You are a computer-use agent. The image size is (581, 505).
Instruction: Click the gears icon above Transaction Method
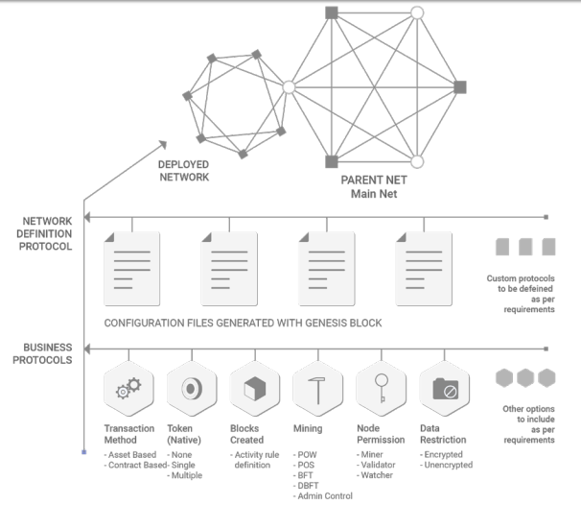[128, 388]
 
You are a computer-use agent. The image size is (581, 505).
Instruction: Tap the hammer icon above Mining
[316, 391]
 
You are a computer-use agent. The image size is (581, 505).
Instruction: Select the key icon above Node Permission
[382, 388]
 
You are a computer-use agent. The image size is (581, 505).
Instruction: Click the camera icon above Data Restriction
[446, 389]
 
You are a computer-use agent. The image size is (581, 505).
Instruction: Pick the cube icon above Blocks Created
[255, 389]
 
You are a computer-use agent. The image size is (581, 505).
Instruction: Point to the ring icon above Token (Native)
[192, 389]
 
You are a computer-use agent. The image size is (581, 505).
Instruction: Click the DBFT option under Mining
[306, 486]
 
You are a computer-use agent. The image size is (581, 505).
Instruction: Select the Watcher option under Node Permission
[375, 475]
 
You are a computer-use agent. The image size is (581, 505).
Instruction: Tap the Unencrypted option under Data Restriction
[446, 465]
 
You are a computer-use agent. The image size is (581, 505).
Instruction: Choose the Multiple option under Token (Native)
[184, 475]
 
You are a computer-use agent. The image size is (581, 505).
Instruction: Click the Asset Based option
[130, 454]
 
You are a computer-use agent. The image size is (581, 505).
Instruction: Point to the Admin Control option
[323, 495]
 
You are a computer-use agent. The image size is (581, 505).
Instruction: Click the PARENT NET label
[374, 180]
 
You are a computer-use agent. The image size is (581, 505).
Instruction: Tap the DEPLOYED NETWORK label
[184, 171]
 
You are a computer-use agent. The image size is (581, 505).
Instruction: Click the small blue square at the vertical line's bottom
[84, 452]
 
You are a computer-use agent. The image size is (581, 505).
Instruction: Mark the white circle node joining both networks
[289, 87]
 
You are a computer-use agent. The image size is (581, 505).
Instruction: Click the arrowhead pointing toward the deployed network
[163, 144]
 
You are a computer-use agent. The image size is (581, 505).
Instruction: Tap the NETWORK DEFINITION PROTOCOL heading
[44, 233]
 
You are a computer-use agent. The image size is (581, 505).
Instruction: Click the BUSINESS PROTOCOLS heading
[42, 353]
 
